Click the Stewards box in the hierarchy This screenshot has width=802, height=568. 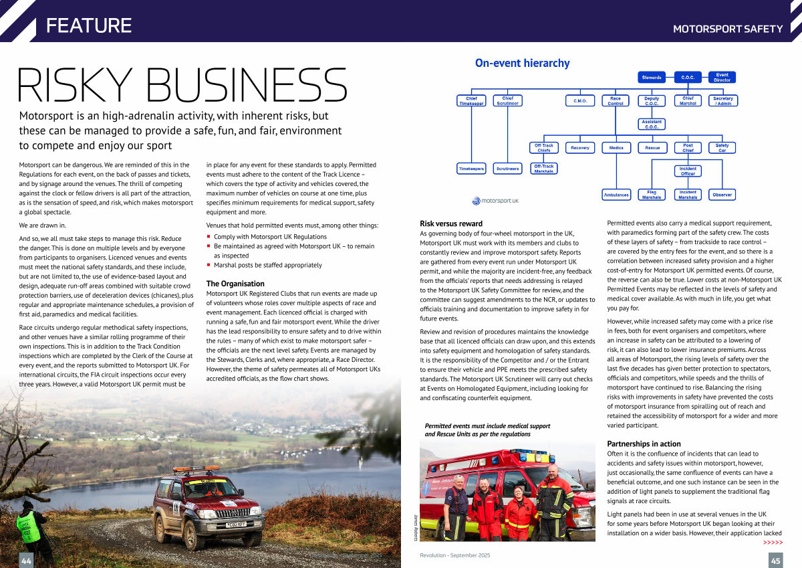(652, 78)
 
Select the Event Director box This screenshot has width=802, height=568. (722, 78)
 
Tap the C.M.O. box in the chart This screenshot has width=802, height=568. (579, 101)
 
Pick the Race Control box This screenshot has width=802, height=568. (615, 101)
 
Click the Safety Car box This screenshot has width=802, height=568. (722, 147)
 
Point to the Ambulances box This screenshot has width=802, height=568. (616, 195)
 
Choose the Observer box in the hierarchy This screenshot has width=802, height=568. (722, 195)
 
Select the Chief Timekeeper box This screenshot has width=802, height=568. (471, 101)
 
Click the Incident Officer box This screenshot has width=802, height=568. (688, 171)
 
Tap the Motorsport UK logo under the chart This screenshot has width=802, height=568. (495, 200)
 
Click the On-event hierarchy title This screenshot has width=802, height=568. (522, 64)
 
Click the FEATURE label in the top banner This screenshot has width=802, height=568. (89, 25)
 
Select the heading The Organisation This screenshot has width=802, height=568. (235, 284)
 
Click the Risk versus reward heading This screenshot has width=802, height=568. (451, 223)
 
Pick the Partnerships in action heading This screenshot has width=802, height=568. (644, 444)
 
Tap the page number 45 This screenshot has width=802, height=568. (775, 560)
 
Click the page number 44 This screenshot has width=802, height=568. (27, 560)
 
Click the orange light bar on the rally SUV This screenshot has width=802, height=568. (196, 470)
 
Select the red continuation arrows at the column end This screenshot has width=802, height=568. (773, 542)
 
